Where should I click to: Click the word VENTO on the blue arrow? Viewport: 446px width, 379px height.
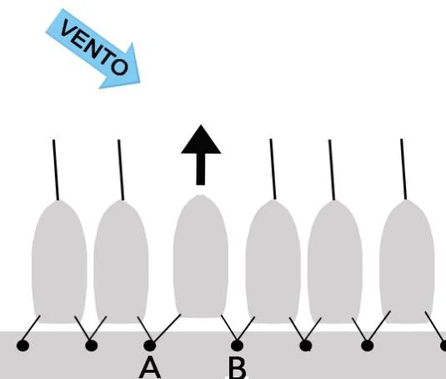(94, 47)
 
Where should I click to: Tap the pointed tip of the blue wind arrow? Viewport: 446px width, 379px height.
(139, 83)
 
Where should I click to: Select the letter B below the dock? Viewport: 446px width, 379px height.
(238, 367)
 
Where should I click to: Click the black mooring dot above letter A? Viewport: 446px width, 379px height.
(150, 346)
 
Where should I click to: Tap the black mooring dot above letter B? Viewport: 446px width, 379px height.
(238, 346)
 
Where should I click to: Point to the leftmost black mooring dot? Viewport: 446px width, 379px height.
(23, 346)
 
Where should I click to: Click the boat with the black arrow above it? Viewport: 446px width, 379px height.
(201, 256)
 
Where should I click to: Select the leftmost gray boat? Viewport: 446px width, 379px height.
(59, 262)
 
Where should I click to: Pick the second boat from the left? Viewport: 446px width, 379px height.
(121, 262)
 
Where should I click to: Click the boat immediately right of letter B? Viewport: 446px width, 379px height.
(273, 262)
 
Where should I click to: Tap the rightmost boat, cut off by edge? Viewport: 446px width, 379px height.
(407, 262)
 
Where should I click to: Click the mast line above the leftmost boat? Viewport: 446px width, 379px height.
(56, 169)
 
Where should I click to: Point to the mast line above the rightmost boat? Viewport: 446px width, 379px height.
(403, 169)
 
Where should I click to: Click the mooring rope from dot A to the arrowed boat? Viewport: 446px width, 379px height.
(167, 328)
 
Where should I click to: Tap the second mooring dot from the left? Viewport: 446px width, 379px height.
(92, 346)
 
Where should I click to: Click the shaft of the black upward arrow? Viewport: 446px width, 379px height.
(201, 169)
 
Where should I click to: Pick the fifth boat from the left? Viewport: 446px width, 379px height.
(335, 262)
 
